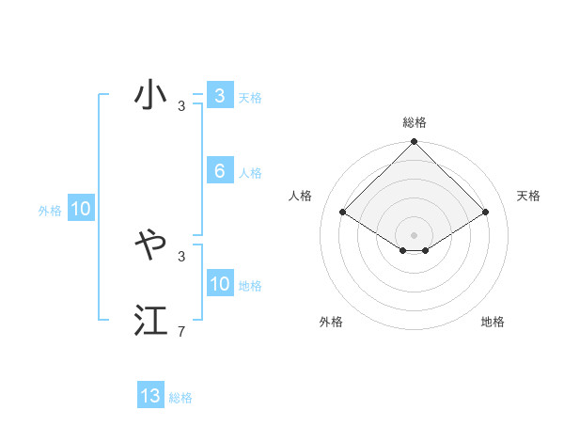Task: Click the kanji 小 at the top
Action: click(x=150, y=96)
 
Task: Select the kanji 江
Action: click(x=150, y=321)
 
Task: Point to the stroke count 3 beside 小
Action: click(x=181, y=106)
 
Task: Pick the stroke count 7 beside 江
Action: click(x=181, y=332)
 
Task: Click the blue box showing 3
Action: click(x=219, y=95)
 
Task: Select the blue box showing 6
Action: click(x=219, y=171)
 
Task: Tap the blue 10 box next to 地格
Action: click(x=219, y=284)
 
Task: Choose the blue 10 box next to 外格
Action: click(x=80, y=210)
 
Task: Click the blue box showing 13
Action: click(x=150, y=396)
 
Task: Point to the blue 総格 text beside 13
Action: click(x=180, y=398)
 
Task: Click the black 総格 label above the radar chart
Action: click(x=415, y=122)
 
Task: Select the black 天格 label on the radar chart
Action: click(x=528, y=196)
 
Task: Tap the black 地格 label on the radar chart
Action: click(x=493, y=322)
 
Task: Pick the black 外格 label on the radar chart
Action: click(x=331, y=322)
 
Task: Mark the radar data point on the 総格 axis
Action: click(x=415, y=142)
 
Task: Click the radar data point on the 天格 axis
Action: click(x=486, y=212)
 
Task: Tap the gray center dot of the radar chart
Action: click(x=415, y=234)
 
